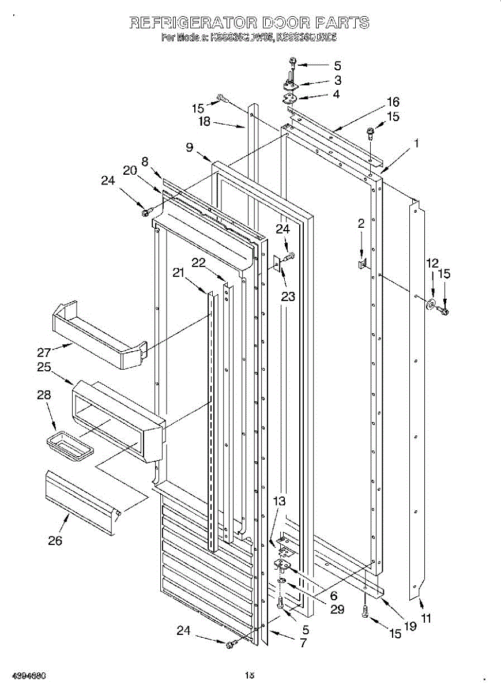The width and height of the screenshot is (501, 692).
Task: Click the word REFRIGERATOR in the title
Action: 193,23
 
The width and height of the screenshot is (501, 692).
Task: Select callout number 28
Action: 44,395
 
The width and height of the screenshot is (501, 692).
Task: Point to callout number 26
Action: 55,540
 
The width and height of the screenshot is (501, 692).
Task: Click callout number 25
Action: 44,367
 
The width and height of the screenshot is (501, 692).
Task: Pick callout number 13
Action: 279,501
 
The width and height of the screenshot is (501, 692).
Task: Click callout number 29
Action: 337,609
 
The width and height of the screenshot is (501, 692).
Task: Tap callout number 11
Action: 427,619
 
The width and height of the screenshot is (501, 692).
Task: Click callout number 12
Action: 432,263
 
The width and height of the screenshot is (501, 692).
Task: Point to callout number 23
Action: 288,296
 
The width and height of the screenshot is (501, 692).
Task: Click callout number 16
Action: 393,101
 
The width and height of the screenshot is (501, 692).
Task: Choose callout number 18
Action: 205,122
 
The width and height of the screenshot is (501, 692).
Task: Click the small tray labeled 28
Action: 70,447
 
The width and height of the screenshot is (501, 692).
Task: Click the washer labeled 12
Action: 430,304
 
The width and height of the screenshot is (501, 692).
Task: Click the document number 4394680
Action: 24,675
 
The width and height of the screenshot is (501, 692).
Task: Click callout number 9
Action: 189,147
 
